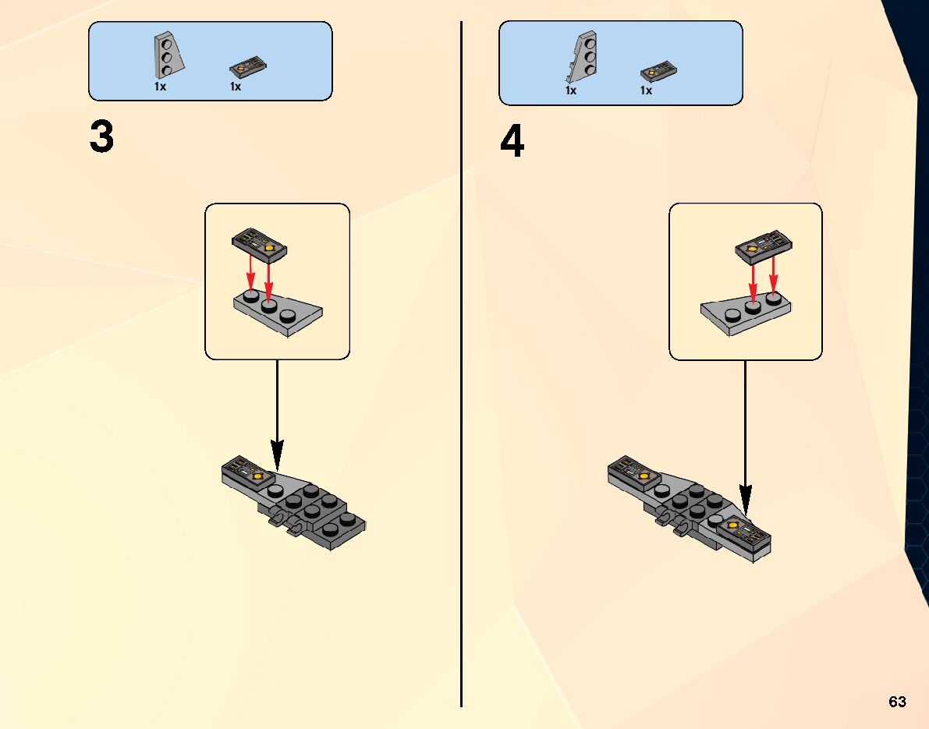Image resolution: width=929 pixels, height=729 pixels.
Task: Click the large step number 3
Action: click(102, 138)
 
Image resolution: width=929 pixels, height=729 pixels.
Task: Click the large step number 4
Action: click(512, 142)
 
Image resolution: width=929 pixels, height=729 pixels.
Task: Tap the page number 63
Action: click(897, 702)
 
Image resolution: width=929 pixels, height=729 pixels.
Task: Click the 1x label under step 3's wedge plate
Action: click(160, 87)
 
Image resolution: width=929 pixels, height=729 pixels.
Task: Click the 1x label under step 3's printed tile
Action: click(235, 87)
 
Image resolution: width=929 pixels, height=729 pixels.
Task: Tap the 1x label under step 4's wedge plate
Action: click(571, 90)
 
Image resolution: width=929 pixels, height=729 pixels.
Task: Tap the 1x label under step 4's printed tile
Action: click(646, 90)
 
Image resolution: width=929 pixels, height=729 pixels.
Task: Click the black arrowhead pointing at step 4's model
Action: click(746, 500)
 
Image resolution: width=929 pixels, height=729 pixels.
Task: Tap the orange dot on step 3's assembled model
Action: click(257, 472)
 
